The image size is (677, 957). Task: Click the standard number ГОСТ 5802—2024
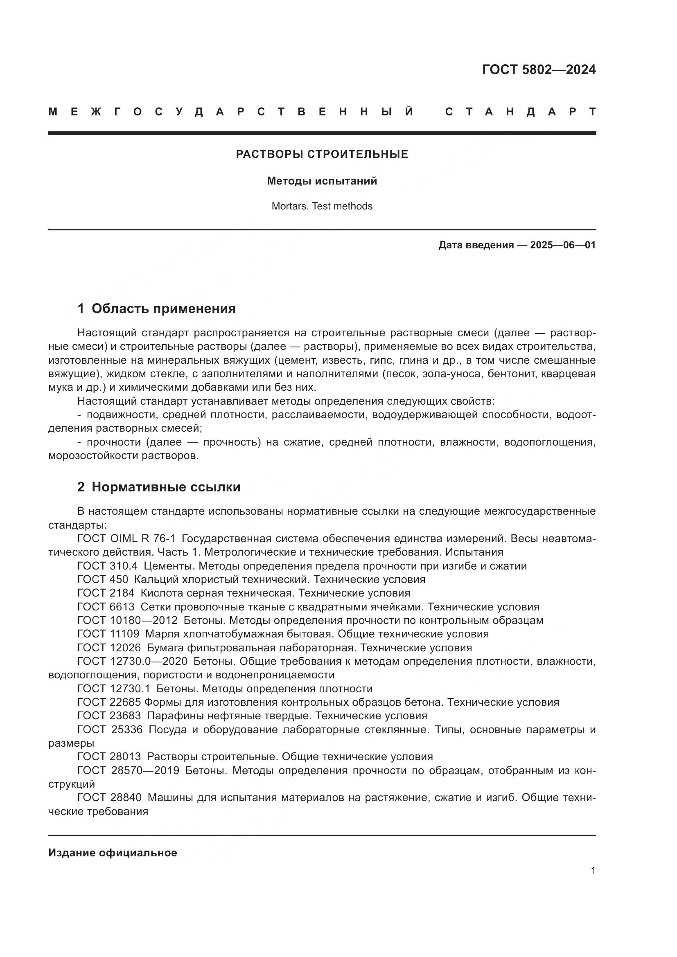539,70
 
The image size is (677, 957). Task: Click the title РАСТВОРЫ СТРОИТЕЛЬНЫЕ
322,154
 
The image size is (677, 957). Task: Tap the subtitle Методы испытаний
322,181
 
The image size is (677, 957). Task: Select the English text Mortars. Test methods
322,206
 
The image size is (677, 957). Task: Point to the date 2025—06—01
562,245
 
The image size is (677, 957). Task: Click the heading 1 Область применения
156,308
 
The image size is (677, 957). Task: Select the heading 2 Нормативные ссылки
159,487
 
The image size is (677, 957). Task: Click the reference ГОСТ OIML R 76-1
126,539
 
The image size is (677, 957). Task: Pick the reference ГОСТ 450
103,580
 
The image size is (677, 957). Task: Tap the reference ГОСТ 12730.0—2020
132,662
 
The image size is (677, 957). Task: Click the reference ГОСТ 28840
109,798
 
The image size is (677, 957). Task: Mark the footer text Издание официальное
113,853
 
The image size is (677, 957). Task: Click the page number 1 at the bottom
593,870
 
